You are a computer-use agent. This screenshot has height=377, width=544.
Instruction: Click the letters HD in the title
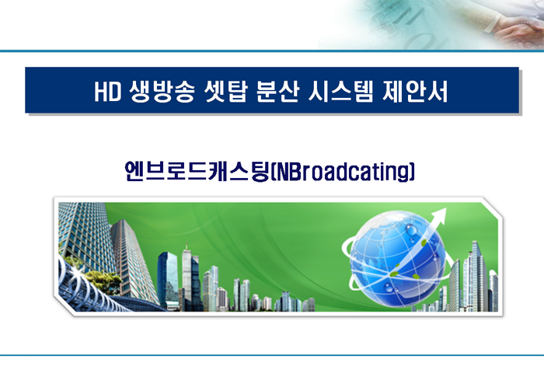click(x=108, y=92)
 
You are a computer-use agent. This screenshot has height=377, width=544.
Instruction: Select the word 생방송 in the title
click(x=162, y=92)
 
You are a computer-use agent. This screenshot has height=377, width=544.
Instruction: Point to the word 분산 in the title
click(x=277, y=92)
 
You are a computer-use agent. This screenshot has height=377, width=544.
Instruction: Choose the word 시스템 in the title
click(x=340, y=92)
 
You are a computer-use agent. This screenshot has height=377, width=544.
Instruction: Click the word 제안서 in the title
click(x=415, y=92)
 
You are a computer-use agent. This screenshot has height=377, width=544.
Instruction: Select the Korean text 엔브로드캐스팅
click(x=197, y=171)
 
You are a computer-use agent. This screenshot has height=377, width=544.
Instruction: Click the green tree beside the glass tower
click(x=103, y=281)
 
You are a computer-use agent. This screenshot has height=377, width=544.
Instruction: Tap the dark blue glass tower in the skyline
click(x=168, y=280)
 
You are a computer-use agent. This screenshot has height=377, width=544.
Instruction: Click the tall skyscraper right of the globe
click(x=479, y=276)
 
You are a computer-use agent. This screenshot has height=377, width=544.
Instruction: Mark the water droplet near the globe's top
click(x=411, y=229)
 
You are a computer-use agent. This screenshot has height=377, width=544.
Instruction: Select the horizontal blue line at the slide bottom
click(x=272, y=355)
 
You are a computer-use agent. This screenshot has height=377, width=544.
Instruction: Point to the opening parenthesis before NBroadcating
click(x=273, y=172)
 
